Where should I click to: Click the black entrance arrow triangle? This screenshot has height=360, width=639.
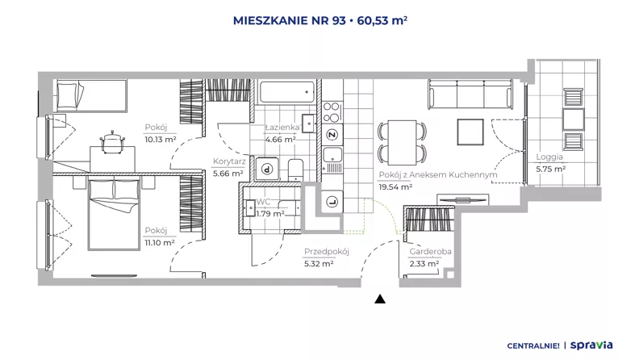[380, 299]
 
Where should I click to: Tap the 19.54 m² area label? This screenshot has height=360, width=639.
[395, 187]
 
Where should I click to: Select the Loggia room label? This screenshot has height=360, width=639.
[549, 157]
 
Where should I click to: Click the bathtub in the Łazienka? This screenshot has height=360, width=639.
[287, 92]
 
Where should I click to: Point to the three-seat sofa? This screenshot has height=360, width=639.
[470, 94]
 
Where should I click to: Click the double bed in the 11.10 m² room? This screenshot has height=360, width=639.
[114, 214]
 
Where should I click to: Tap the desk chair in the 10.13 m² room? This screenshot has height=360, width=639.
[112, 142]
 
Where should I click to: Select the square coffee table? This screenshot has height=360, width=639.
[470, 132]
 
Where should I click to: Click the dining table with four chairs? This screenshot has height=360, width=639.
[402, 142]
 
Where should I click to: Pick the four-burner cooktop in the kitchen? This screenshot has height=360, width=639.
[332, 112]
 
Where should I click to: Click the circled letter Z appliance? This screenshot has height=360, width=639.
[332, 135]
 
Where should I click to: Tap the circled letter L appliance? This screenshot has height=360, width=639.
[332, 202]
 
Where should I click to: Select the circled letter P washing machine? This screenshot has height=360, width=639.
[267, 169]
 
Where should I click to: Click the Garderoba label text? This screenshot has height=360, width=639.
[430, 252]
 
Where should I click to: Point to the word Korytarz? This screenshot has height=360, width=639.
[229, 161]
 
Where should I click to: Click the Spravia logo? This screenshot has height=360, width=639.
[591, 345]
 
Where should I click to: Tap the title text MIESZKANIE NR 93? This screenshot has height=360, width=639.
[290, 20]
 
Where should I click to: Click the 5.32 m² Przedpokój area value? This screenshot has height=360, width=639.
[319, 264]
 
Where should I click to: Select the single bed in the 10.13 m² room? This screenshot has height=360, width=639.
[91, 95]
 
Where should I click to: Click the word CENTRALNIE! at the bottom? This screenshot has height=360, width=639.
[533, 345]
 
